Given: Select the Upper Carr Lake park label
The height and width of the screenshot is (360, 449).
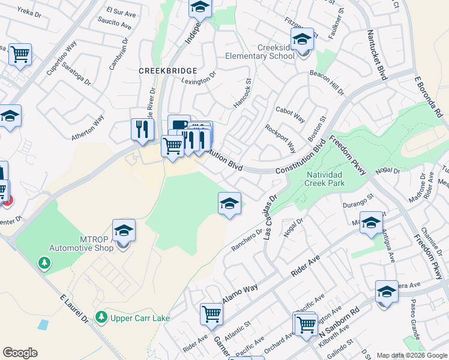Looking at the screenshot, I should click(x=140, y=318).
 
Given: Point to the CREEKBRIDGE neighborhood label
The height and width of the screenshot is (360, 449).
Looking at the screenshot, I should click(x=160, y=70).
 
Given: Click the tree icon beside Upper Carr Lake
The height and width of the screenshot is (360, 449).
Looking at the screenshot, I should click(x=102, y=317).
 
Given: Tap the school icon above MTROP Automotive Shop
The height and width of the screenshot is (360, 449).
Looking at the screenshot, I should click(x=124, y=231).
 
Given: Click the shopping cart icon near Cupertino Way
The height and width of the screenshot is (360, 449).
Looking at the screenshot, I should click(x=20, y=55).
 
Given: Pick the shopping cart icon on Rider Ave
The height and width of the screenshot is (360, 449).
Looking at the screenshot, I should click(x=211, y=314).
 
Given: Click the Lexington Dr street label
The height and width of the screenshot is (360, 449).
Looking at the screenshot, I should click(x=199, y=79).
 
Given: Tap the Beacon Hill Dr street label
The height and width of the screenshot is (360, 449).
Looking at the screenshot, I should click(x=327, y=82).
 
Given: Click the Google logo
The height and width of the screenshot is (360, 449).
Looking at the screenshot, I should click(x=20, y=353).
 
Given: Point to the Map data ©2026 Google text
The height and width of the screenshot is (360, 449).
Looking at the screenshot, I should click(x=411, y=355).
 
